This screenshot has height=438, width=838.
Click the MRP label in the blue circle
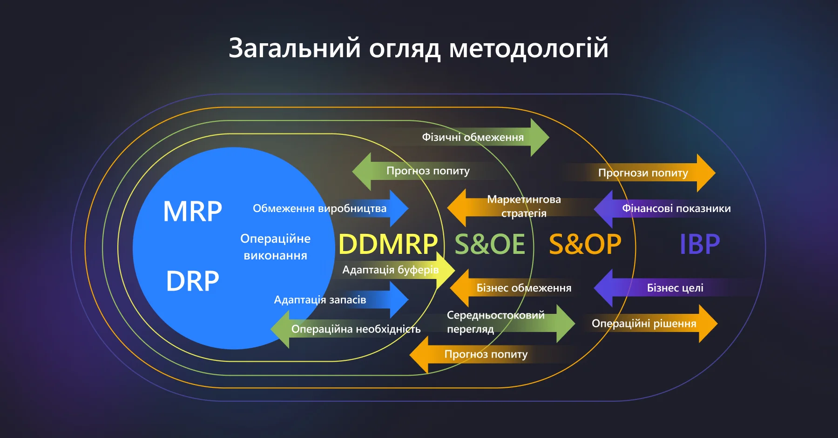click(x=193, y=212)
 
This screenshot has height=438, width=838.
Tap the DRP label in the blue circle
click(x=193, y=281)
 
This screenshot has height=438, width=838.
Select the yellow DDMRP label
click(x=388, y=244)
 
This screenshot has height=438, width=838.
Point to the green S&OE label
click(x=490, y=244)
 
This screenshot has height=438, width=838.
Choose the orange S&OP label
click(x=585, y=244)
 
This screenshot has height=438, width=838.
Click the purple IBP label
click(x=700, y=244)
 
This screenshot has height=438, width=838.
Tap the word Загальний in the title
click(x=295, y=48)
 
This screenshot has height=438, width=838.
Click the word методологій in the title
click(x=528, y=48)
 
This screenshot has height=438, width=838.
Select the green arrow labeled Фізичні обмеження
click(x=473, y=137)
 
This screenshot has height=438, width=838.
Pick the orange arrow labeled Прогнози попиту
click(x=643, y=173)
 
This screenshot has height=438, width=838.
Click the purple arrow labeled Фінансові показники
click(x=676, y=208)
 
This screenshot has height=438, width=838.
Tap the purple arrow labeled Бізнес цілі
click(x=675, y=288)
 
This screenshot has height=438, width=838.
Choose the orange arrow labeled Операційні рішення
click(x=644, y=324)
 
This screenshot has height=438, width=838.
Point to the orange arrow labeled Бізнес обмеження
click(x=523, y=288)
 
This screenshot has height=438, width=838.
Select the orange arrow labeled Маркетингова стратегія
click(x=523, y=206)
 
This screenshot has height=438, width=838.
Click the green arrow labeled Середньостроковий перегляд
click(x=495, y=322)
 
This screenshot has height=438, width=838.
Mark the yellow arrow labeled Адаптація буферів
click(x=390, y=270)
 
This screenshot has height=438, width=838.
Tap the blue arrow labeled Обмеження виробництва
click(x=319, y=208)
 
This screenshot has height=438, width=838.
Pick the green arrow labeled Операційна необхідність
click(x=356, y=329)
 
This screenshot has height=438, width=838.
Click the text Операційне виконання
click(x=275, y=247)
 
